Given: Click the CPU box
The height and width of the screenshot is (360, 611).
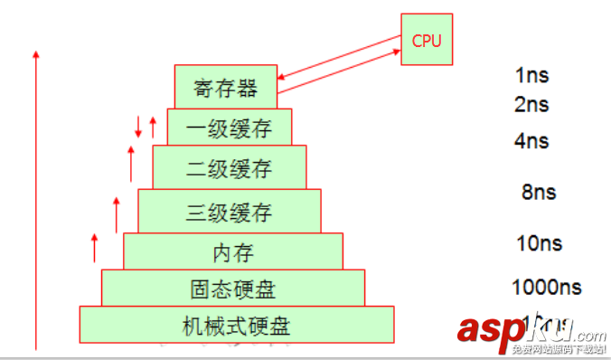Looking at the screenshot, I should pos(427,40).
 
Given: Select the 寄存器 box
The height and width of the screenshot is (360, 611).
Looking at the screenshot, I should pos(226,88).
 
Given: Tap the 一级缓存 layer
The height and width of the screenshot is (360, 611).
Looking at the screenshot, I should pos(229,128).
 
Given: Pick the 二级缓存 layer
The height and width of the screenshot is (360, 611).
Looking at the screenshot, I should pos(229,168).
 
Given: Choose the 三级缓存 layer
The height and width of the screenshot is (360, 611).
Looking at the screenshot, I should pos(229,213).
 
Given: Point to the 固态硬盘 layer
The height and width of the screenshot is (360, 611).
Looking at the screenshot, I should pos(233,289).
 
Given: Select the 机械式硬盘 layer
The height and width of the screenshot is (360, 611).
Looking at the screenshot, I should pos(237,325).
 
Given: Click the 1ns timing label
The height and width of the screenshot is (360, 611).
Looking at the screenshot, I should pos(531,76).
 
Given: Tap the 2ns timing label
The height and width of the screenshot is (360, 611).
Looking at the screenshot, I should pos(531,105).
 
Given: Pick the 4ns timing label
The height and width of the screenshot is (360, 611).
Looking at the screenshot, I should pos(531,142).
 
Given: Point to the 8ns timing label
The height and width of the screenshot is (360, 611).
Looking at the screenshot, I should pos(538,193).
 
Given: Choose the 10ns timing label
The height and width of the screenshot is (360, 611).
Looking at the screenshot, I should pos(538,243).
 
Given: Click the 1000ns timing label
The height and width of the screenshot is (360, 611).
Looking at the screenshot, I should pos(546,289).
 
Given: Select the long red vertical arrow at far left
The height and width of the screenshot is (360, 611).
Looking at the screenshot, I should pos(36,199).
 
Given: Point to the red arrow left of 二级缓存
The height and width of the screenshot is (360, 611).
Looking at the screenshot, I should pos(131,162).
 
